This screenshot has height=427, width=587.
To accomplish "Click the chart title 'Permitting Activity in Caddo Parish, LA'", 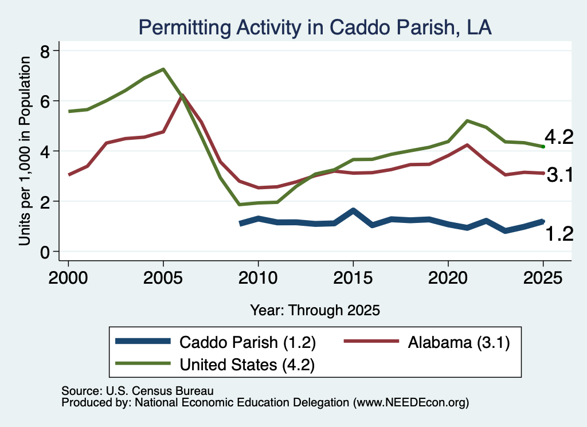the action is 315,28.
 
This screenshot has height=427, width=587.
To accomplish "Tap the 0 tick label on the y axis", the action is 45,252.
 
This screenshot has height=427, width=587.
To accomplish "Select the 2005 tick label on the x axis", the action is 163,278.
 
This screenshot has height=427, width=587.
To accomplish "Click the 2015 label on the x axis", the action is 353,278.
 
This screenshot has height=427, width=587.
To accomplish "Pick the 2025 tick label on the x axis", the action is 543,278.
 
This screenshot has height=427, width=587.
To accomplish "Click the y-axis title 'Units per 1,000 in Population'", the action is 25,151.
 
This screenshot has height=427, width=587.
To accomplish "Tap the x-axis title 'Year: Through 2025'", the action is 315,310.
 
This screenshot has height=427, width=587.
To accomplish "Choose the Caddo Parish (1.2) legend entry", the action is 216,342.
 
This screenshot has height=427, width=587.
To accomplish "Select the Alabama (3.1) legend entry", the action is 426,342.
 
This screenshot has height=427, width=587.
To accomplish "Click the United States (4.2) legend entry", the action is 215,365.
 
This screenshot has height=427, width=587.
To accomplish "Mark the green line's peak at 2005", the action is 163,69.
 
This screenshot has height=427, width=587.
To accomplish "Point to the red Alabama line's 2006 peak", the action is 182,95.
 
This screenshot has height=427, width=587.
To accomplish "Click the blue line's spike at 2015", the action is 353,210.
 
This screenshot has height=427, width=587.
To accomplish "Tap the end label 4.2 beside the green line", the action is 559,137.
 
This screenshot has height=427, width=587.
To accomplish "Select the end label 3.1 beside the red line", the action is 560,175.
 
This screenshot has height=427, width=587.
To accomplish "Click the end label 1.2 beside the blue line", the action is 559,234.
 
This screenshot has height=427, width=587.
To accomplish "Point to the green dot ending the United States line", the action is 543,147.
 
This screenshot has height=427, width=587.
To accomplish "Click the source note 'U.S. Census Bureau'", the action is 160,391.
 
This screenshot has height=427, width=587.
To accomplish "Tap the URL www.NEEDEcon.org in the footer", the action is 410,403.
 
